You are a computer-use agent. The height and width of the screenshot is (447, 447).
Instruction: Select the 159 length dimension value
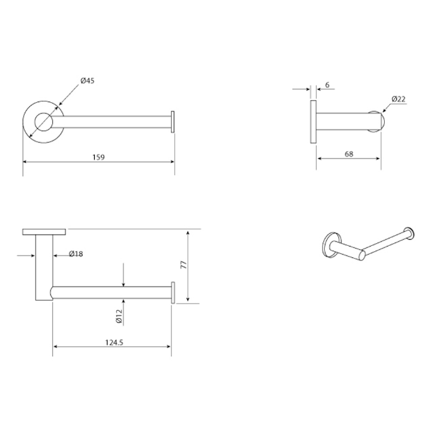coord(99,158)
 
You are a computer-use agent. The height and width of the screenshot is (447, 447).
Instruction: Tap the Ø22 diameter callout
coord(399,100)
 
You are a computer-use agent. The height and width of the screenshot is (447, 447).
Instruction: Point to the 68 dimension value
coord(348,154)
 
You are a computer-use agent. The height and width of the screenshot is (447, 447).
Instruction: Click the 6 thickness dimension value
coord(327,85)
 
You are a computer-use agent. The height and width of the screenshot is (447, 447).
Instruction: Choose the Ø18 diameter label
coord(76,254)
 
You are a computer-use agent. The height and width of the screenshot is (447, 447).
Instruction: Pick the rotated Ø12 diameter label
coord(118,316)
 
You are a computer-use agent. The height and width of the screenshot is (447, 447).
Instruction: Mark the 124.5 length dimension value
coord(114,342)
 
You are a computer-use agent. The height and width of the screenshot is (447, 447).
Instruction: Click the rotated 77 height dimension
coord(182,264)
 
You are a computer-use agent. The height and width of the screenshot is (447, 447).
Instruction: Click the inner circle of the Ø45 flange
coord(42,122)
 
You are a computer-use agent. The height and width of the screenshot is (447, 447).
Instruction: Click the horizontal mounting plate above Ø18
coord(44,232)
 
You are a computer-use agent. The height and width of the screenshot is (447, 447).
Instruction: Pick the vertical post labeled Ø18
coord(45,267)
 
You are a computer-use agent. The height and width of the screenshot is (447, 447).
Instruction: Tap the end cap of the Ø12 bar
coord(173,292)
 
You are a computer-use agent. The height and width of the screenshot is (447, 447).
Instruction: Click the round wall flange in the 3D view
coord(329,245)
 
